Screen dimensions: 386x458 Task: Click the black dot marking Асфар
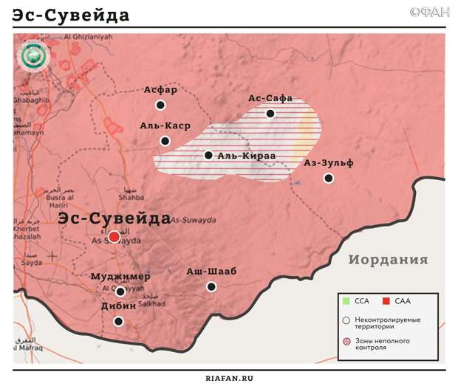[160, 106]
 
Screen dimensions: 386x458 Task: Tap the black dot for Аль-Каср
[165, 141]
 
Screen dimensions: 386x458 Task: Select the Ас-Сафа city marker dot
[270, 114]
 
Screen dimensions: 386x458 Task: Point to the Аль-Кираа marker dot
[209, 155]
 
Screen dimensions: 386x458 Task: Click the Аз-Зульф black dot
[329, 178]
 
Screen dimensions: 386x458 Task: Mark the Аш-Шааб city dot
[211, 286]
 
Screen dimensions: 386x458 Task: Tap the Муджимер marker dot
[120, 292]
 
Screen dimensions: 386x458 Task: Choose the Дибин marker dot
[118, 321]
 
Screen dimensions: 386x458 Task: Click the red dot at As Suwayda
[114, 237]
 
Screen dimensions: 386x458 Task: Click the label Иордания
[388, 260]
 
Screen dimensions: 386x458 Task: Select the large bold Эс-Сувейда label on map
[115, 218]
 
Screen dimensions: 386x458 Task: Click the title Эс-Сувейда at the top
[71, 15]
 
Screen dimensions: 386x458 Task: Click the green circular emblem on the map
[33, 57]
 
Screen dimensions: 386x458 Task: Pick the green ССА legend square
[346, 301]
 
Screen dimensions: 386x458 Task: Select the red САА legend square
[386, 301]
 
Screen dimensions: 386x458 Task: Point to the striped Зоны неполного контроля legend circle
[346, 342]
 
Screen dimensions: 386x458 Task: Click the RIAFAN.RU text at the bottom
[229, 377]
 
